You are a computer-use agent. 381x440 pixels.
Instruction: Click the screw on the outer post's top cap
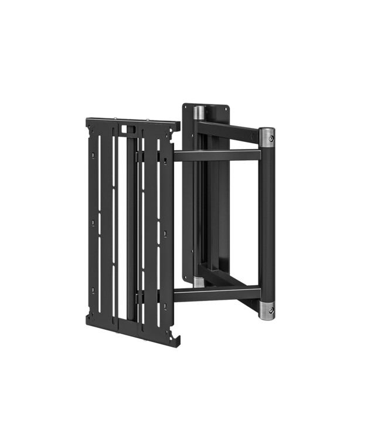click(x=271, y=138)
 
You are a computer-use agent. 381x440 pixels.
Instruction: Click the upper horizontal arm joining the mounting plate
click(x=217, y=155)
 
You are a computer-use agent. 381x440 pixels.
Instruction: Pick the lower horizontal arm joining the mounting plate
click(x=217, y=294)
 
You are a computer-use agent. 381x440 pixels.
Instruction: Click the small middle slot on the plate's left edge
click(x=93, y=223)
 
